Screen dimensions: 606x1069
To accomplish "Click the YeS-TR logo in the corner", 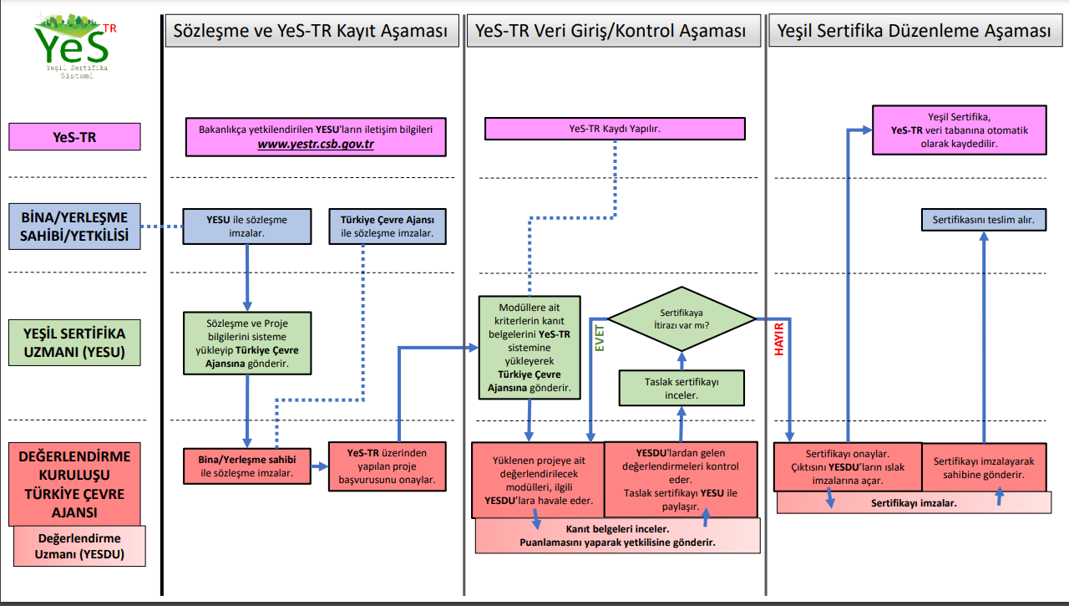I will point(73,46).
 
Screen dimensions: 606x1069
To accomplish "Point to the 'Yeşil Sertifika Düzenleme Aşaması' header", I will point(914,32).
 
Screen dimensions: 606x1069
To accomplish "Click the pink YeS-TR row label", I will point(75,136).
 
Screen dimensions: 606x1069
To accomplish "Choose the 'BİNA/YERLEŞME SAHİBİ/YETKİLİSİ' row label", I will point(75,227).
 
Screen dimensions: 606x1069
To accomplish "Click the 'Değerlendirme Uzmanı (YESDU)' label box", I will point(79,547).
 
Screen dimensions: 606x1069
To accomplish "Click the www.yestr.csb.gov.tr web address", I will point(316,144).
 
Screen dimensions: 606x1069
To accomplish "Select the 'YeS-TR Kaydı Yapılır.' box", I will point(615,129).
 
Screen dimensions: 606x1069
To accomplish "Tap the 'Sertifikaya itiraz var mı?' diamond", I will point(681,318).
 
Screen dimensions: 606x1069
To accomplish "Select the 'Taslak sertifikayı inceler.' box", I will point(681,388).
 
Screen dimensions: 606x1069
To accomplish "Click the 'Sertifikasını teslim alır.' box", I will point(983,221).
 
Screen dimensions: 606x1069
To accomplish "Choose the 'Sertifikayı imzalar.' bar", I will point(914,503).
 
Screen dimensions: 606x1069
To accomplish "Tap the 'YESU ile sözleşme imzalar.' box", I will point(247,227).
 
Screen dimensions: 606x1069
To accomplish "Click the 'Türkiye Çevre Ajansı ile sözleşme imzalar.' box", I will point(388,227).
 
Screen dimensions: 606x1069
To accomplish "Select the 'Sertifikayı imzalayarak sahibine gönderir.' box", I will point(984,467).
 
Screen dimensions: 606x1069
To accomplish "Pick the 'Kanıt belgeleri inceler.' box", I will point(617,536).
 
